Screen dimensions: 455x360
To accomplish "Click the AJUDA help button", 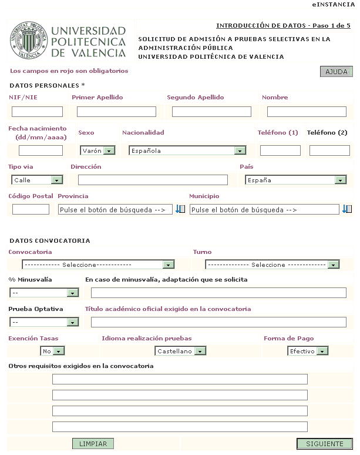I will point(336,72).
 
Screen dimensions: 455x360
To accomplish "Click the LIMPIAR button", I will point(93,444).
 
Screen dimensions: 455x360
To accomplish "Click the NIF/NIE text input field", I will point(37,112).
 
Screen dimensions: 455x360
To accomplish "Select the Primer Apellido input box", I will point(116,112).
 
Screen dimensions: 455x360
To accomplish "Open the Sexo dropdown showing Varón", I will point(97,150).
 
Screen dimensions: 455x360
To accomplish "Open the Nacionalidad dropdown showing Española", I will point(187,150).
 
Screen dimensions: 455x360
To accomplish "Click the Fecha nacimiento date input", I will point(41,150).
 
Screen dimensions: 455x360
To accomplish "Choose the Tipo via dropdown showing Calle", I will point(37,180).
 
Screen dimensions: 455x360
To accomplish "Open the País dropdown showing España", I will point(295,180).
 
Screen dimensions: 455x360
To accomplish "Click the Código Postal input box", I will point(31,209).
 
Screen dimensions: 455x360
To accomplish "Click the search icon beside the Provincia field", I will point(180,209).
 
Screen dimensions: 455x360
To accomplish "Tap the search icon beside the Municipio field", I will point(347,209).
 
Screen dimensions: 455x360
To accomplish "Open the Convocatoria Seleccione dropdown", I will point(98,265).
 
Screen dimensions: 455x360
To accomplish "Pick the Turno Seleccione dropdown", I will point(272,265).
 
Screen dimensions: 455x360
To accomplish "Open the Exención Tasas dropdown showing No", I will point(52,351).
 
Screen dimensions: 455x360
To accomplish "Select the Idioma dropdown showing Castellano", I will point(181,351).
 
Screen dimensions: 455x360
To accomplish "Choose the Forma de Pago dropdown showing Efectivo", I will point(308,351).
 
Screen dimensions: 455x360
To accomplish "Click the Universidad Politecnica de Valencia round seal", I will point(28,40).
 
